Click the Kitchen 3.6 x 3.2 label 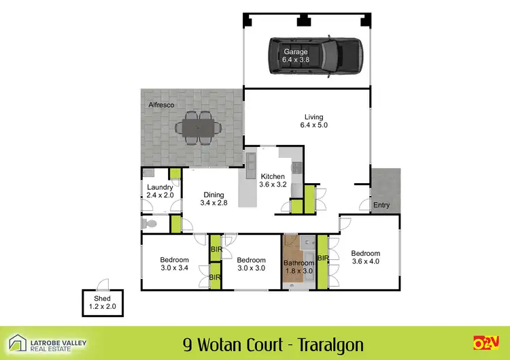point(272,180)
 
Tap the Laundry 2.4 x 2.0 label point(160,191)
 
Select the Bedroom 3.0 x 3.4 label point(174,264)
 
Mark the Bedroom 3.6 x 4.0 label point(366,256)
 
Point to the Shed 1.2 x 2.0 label point(97,304)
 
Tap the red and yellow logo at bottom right point(486,342)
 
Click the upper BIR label point(216,250)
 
